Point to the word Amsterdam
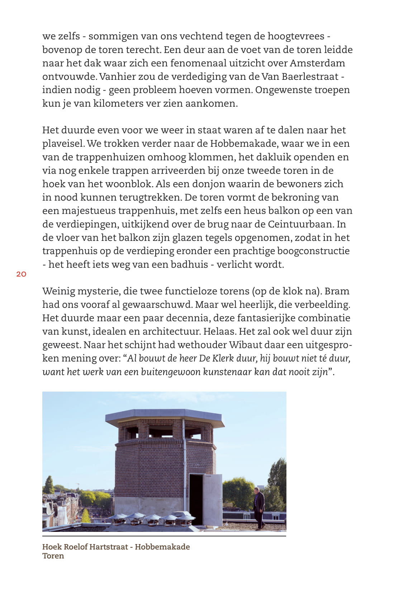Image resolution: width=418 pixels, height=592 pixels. click(317, 63)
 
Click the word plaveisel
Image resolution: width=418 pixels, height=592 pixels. click(63, 144)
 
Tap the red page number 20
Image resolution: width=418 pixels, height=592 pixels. click(22, 274)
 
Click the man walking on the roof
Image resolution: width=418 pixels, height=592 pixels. click(259, 508)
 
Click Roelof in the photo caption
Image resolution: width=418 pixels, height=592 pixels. click(75, 547)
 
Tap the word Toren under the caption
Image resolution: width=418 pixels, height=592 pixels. click(53, 556)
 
